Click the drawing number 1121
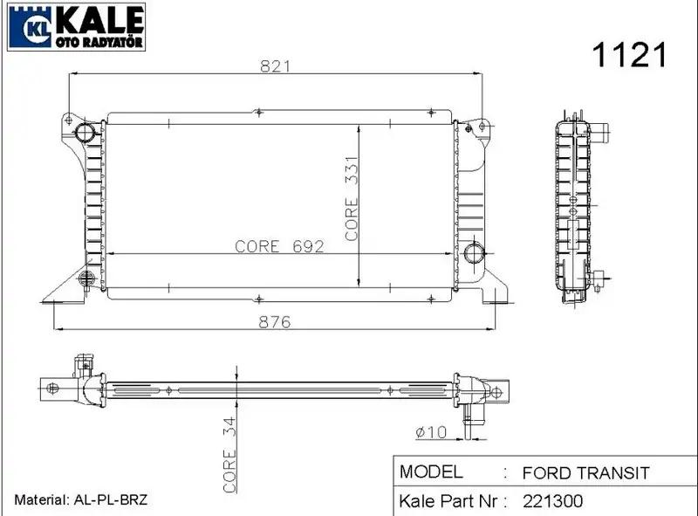point(629,54)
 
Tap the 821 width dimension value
point(275,66)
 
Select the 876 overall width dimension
point(274,321)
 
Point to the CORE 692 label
point(279,246)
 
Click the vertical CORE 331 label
point(352,199)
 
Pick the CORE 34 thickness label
point(229,455)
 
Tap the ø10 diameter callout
point(431,432)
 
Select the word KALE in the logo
point(99,20)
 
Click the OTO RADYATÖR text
point(99,42)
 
